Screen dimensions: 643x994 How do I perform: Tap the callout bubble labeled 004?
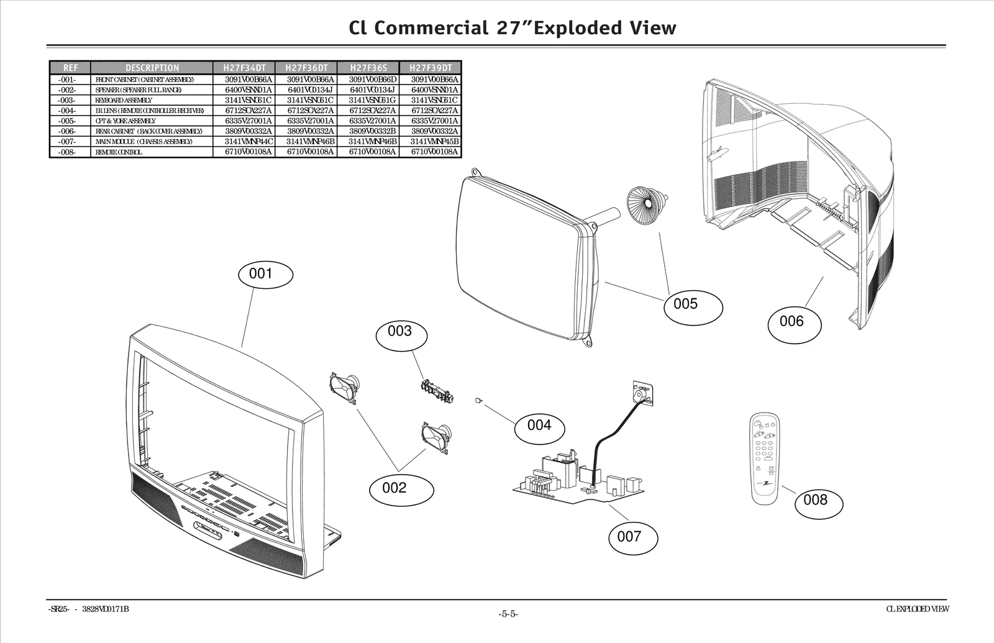coord(539,425)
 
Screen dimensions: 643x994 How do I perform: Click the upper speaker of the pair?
coord(344,387)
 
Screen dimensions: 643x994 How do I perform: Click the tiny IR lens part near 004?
coord(478,400)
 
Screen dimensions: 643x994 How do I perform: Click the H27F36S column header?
coord(368,68)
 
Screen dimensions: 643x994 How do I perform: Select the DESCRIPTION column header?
coord(152,68)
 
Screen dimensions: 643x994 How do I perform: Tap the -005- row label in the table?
coord(67,121)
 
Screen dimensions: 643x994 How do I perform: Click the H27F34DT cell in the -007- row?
coord(248,142)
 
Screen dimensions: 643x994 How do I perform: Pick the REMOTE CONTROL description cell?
coord(119,152)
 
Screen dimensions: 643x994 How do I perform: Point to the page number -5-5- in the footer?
coord(508,614)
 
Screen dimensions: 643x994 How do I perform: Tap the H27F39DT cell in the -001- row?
coord(435,80)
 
